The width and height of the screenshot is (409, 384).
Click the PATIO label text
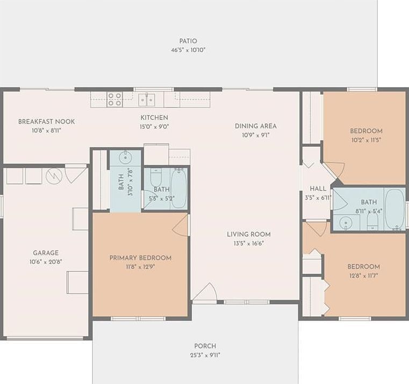pos(188,41)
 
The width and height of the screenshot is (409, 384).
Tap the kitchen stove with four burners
pos(114,99)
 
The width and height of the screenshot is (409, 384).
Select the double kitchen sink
pos(146,99)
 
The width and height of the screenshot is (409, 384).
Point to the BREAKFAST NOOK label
pos(46,122)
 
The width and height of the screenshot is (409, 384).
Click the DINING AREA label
pos(255,126)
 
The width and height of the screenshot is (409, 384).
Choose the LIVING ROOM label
pos(248,234)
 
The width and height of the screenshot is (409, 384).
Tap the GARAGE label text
pos(46,253)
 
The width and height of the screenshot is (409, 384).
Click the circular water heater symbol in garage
pos(54,176)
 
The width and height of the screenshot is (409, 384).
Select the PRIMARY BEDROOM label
pos(140,258)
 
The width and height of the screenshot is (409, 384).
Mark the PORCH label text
pos(205,346)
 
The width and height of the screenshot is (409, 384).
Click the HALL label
pos(318,189)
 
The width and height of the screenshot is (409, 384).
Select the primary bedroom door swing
pos(182,225)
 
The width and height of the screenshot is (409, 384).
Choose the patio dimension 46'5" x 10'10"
pos(188,50)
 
